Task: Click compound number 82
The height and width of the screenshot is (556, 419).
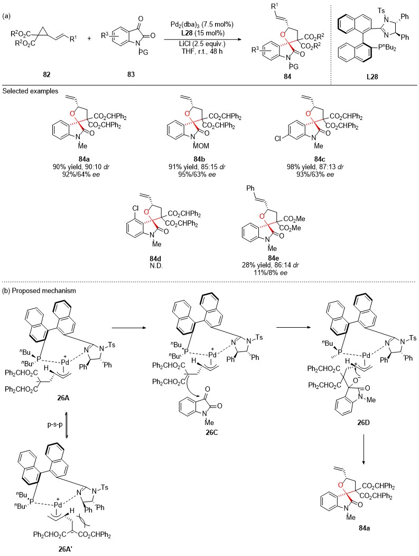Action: coord(46,75)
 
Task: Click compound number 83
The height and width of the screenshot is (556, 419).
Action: coord(131,75)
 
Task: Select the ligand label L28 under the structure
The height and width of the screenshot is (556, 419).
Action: coord(372,76)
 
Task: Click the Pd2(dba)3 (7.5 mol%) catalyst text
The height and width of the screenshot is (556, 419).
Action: coord(200,24)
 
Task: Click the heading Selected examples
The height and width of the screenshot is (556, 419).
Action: coord(30,91)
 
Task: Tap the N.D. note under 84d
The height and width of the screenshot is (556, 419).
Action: coord(156,266)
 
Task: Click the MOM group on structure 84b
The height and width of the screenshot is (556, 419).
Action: coord(201,146)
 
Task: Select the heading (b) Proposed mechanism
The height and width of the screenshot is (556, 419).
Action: coord(39,291)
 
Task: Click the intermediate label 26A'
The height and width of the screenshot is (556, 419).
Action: coord(67,550)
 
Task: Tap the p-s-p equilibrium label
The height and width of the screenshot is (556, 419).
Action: coord(55,424)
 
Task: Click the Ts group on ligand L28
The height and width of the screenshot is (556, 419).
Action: coord(381,11)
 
